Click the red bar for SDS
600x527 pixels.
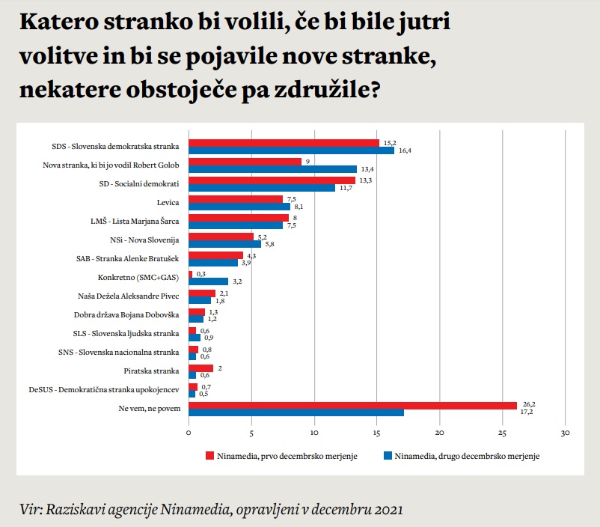(284, 142)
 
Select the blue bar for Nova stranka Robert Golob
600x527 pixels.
(272, 168)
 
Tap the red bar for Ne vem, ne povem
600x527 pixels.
(352, 405)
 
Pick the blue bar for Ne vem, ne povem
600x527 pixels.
(296, 412)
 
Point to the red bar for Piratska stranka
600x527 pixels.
(200, 368)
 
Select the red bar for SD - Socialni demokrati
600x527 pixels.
(272, 180)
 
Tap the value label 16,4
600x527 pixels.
(404, 150)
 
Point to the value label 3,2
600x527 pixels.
(237, 282)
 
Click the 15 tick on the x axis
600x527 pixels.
(377, 432)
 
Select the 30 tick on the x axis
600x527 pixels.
(566, 432)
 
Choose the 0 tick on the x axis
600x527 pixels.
(189, 432)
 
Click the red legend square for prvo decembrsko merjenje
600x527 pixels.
(209, 454)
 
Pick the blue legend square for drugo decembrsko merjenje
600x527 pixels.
(388, 454)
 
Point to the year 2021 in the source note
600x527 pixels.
(385, 510)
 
